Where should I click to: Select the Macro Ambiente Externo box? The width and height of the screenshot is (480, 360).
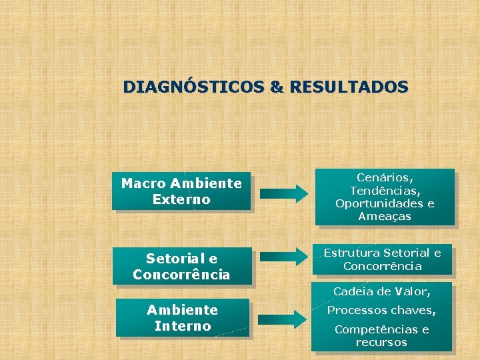(x=181, y=191)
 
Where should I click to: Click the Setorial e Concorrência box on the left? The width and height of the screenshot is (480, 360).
(x=181, y=266)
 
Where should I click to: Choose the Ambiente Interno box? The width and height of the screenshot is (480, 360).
(x=182, y=318)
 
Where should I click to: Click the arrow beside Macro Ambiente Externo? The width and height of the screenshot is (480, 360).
(x=284, y=194)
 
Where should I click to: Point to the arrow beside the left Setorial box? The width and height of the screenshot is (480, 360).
(x=284, y=255)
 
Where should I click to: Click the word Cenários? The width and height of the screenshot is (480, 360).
(x=385, y=178)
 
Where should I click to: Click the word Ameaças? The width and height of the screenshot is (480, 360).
(x=385, y=216)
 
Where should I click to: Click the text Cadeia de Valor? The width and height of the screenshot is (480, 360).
(x=382, y=291)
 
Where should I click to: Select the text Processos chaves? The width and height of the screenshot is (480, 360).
(x=381, y=311)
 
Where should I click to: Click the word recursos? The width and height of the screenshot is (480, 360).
(x=381, y=343)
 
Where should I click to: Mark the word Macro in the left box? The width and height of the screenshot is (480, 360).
(x=143, y=183)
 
